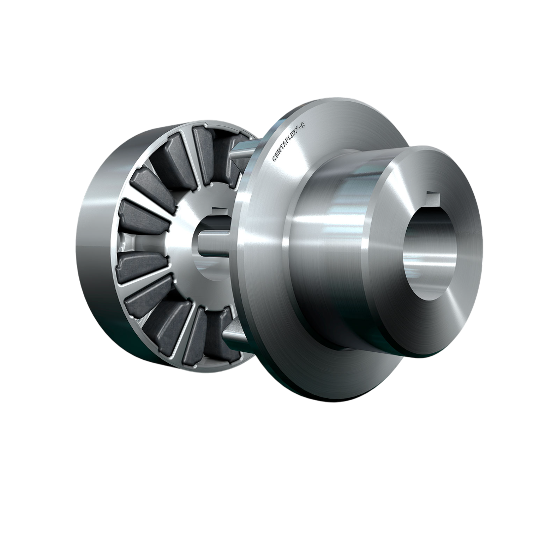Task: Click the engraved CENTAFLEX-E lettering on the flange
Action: pos(289,143)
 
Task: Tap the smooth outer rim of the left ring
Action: pos(94,247)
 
